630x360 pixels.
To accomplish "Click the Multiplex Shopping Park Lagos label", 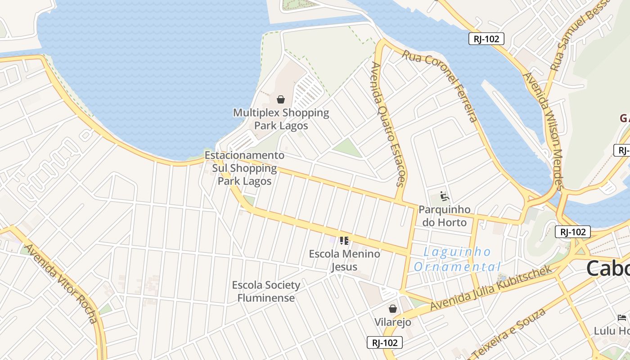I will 281,119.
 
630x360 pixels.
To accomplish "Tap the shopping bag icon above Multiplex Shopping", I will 281,99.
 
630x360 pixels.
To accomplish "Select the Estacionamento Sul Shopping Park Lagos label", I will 244,168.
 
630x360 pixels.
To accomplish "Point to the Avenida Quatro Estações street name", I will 388,124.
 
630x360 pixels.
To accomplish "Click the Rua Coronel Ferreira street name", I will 440,85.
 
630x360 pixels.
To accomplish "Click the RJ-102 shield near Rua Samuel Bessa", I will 486,39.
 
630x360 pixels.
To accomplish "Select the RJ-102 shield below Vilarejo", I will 385,342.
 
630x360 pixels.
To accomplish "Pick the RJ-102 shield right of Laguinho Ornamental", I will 573,232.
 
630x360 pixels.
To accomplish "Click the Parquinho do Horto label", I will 444,216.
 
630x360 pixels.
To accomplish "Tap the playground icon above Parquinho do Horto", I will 444,196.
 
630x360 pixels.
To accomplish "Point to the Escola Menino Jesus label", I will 344,260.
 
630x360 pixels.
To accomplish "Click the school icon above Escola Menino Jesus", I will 344,241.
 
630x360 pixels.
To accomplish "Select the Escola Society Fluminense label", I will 266,291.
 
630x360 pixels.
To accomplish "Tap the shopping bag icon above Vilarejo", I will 393,309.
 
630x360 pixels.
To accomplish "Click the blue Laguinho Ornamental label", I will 457,259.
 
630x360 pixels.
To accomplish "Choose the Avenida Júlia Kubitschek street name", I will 490,288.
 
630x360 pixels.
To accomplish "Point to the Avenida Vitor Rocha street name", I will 61,283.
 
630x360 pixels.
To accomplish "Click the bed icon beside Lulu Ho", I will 622,318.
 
